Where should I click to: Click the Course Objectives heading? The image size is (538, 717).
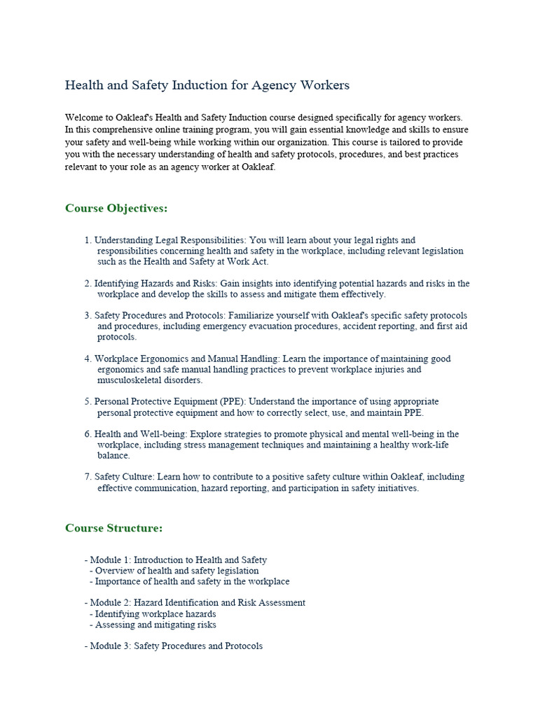[116, 209]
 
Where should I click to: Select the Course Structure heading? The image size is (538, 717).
[113, 528]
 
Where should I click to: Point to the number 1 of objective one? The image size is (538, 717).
[88, 240]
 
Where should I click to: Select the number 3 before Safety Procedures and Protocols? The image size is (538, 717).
[88, 316]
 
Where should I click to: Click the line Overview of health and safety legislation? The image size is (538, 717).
[177, 571]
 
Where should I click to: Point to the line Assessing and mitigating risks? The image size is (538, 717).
[156, 625]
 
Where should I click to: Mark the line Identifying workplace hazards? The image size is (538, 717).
[156, 614]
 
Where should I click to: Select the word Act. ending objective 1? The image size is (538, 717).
[260, 262]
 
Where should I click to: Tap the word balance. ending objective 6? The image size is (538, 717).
[113, 456]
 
